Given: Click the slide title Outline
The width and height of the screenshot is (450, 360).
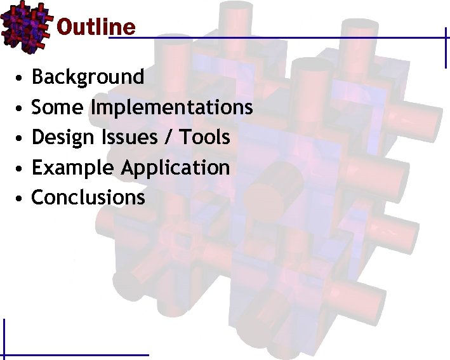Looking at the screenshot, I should click(96, 27).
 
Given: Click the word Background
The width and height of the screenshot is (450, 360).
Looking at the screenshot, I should click(88, 77).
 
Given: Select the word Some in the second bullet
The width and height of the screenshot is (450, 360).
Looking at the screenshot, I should click(58, 107).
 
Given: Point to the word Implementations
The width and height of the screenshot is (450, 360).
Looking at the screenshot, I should click(171, 108).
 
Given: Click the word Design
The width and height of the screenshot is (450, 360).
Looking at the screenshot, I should click(61, 137).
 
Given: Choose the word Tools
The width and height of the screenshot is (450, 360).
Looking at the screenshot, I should click(204, 137).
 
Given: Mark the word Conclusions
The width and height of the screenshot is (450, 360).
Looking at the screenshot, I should click(88, 197).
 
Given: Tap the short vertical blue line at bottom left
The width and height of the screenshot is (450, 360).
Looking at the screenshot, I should click(4, 337).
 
